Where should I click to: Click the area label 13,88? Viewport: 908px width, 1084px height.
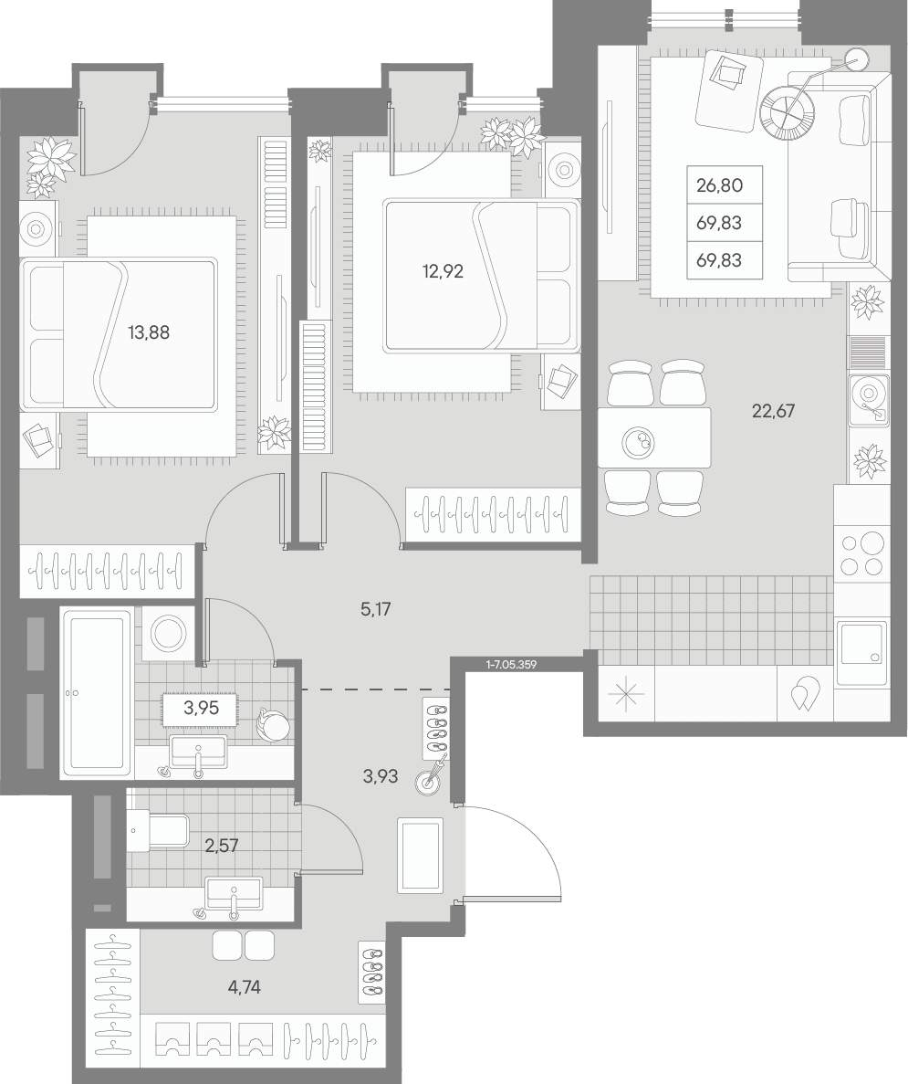149,332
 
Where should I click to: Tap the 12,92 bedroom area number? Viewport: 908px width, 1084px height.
443,272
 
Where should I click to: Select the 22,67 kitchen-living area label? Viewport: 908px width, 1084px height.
773,411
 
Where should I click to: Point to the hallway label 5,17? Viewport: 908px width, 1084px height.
377,609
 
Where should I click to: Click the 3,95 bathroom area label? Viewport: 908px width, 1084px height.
201,707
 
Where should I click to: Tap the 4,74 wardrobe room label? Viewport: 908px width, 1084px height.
244,987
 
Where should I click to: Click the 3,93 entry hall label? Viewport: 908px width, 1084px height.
380,776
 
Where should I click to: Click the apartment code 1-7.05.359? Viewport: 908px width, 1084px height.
512,664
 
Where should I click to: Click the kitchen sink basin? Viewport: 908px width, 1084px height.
861,653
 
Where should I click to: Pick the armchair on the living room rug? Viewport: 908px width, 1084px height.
730,92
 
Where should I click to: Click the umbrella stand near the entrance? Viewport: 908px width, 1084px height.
427,783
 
